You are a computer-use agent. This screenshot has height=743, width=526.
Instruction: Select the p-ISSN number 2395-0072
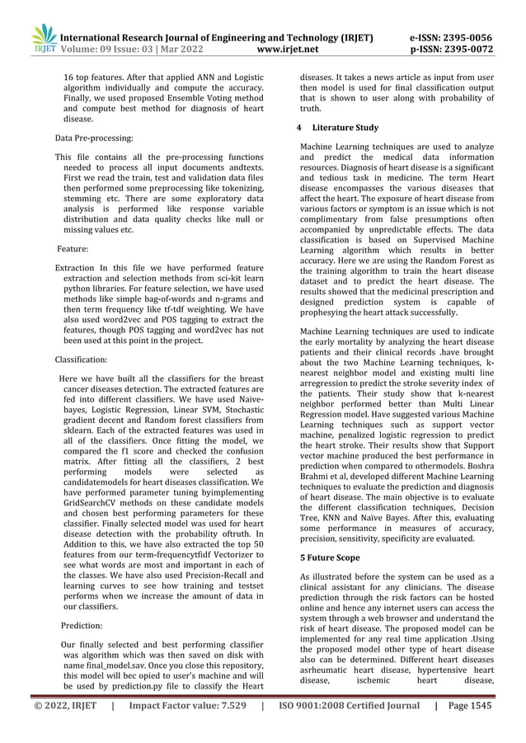(x=470, y=49)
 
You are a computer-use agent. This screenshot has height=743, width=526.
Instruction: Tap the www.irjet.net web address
(x=286, y=49)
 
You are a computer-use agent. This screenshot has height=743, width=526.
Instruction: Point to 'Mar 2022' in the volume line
(x=183, y=49)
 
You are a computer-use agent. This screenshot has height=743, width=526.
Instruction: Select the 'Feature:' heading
(x=75, y=248)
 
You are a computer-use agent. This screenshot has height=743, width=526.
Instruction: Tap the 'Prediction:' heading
(x=82, y=626)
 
